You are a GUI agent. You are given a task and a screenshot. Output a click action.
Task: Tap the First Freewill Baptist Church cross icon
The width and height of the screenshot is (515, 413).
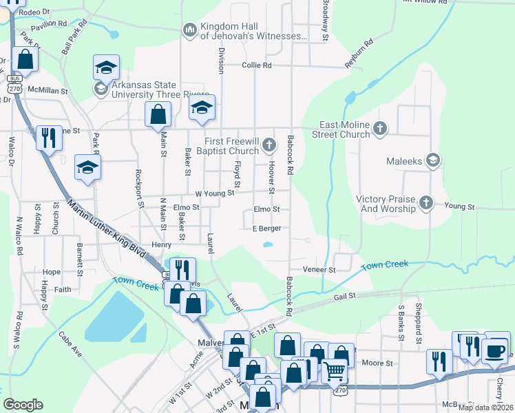click(x=269, y=145)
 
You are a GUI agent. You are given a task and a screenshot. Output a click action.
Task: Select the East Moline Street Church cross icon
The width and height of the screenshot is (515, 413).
click(x=379, y=128)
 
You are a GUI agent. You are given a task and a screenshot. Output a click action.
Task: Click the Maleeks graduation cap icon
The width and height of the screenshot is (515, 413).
click(x=432, y=160)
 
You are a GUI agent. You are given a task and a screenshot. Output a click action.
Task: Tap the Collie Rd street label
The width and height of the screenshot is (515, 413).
click(x=257, y=65)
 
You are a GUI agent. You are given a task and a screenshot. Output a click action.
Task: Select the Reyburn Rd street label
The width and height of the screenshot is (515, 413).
click(x=359, y=54)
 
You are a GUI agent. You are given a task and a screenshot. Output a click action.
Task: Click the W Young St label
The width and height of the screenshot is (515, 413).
click(x=215, y=194)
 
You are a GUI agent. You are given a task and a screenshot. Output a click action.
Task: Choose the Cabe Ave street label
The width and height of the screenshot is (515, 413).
click(x=70, y=344)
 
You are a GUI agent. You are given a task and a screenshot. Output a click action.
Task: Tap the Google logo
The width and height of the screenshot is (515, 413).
click(x=23, y=405)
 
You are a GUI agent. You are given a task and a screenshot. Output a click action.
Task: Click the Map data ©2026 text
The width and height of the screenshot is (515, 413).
click(x=485, y=407)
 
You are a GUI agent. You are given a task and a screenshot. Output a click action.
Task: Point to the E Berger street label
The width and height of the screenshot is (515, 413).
click(x=267, y=229)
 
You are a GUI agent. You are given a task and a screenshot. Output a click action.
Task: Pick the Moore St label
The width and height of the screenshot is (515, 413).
click(x=377, y=363)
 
